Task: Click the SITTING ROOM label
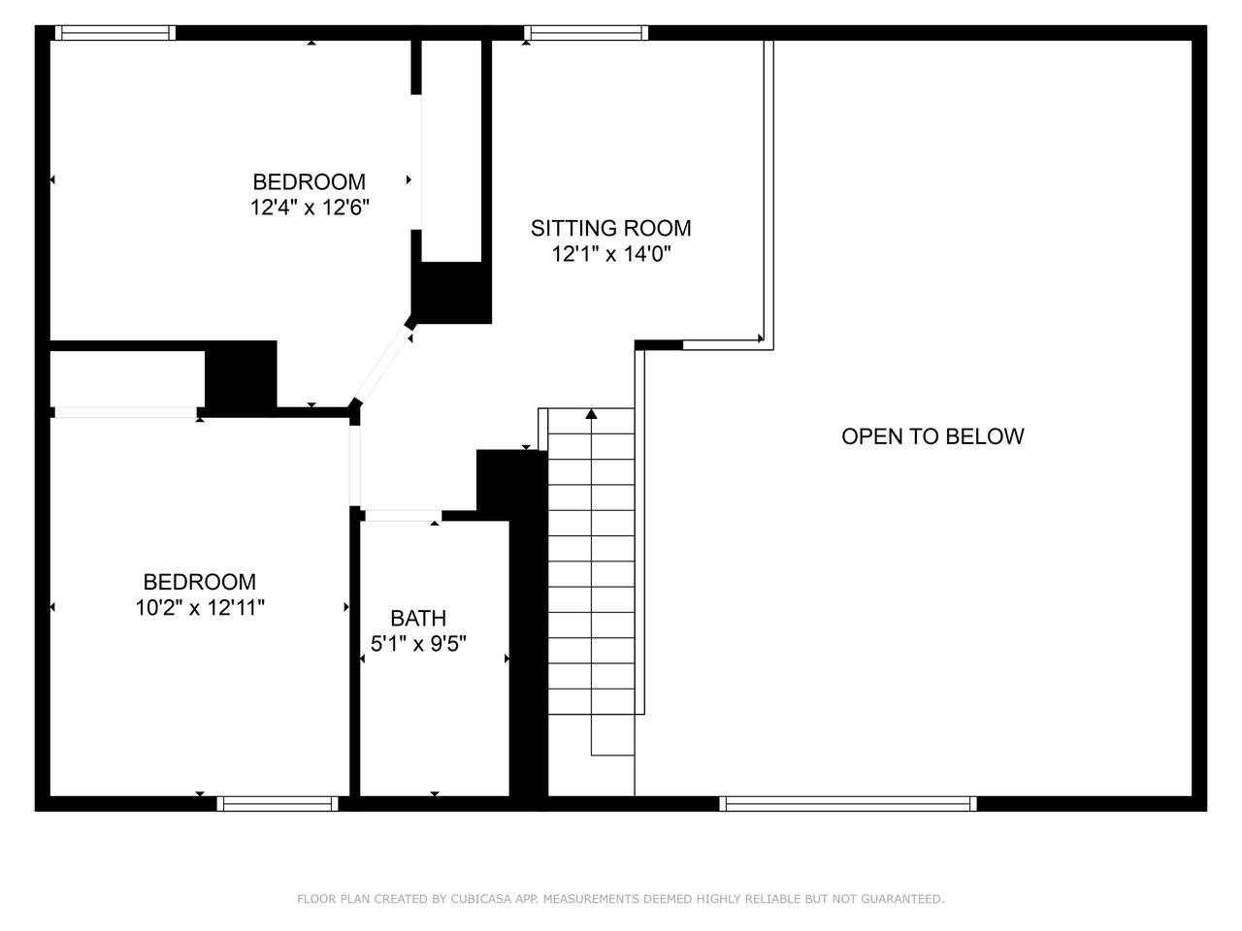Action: point(610,228)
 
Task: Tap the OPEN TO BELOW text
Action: point(932,436)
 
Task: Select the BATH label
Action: point(418,619)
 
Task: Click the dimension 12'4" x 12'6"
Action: point(310,208)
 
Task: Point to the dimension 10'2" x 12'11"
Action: point(200,608)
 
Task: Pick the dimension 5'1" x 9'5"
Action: point(418,644)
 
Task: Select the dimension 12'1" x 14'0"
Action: point(611,254)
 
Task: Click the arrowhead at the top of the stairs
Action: point(591,414)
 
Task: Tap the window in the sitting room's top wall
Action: point(586,33)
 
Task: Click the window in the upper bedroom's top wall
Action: point(115,33)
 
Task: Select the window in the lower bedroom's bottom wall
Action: point(278,804)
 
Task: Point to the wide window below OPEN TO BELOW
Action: point(848,804)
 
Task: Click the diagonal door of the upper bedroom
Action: point(382,365)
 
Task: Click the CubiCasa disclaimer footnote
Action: point(621,899)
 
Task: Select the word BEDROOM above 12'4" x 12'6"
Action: point(309,182)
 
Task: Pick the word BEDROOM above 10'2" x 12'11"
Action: point(199,582)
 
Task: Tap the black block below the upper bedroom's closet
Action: point(451,293)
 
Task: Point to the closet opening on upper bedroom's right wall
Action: point(416,162)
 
